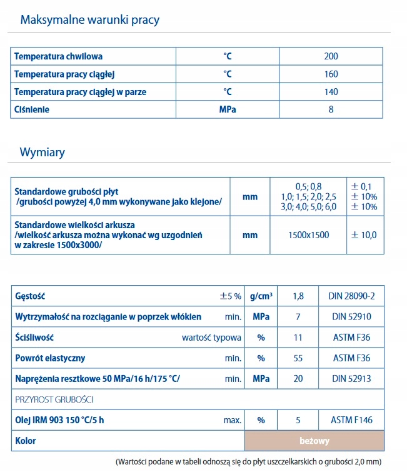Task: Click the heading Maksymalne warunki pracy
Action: [x=90, y=20]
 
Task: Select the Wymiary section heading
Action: [x=43, y=153]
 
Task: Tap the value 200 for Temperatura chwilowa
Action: [x=331, y=56]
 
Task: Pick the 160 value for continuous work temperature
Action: [x=331, y=74]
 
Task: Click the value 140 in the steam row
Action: [x=331, y=92]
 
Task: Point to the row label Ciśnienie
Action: [x=32, y=109]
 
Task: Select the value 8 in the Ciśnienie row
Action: [x=331, y=109]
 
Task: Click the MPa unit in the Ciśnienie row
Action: [x=228, y=109]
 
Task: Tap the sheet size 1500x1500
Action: [x=308, y=235]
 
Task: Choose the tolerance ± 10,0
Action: [x=366, y=235]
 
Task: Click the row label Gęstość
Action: [x=30, y=296]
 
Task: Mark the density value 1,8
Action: [x=298, y=296]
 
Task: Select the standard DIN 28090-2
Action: [x=351, y=296]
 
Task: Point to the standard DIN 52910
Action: [x=351, y=317]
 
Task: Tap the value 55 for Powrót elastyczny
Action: [x=298, y=358]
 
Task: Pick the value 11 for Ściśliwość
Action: [x=298, y=338]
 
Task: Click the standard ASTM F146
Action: [x=351, y=419]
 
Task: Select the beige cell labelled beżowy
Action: [x=314, y=441]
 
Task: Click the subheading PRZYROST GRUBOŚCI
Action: [x=54, y=399]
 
